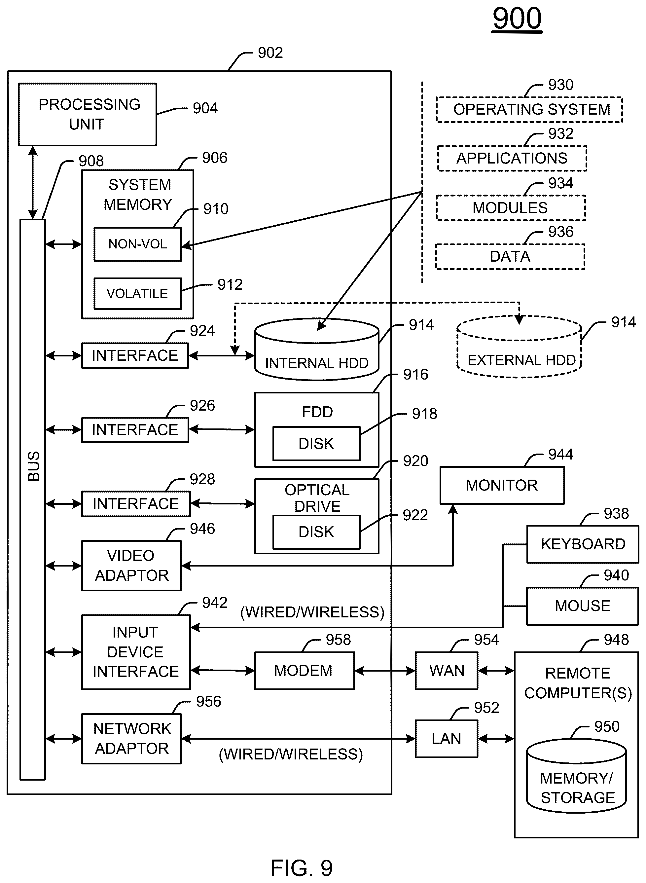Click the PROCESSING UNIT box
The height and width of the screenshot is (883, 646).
tap(88, 115)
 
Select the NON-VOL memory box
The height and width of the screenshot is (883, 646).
tap(138, 244)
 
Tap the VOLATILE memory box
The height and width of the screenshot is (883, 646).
tap(138, 293)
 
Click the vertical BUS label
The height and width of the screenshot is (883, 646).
tap(34, 466)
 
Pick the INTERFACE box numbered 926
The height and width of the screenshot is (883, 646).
tap(135, 430)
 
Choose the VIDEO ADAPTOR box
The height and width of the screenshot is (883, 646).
tap(131, 566)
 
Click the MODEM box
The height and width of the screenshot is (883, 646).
tap(304, 671)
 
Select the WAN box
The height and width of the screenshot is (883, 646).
tap(447, 671)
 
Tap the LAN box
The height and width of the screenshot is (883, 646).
tap(447, 739)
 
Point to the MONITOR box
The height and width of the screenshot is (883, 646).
tap(502, 485)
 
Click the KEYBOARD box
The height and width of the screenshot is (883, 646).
tap(583, 544)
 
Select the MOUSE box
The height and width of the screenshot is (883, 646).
tap(583, 606)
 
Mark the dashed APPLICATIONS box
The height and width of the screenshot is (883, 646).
tap(512, 158)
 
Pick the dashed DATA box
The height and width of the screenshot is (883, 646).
tap(510, 257)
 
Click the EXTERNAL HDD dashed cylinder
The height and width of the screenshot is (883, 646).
tap(519, 347)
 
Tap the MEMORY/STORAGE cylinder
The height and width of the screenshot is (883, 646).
tap(576, 776)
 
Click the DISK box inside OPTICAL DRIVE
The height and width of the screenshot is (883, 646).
tap(316, 532)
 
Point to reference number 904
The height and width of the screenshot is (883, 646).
tap(205, 108)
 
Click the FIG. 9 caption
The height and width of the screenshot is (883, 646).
tap(302, 868)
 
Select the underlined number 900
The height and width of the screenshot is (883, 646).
tap(517, 18)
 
